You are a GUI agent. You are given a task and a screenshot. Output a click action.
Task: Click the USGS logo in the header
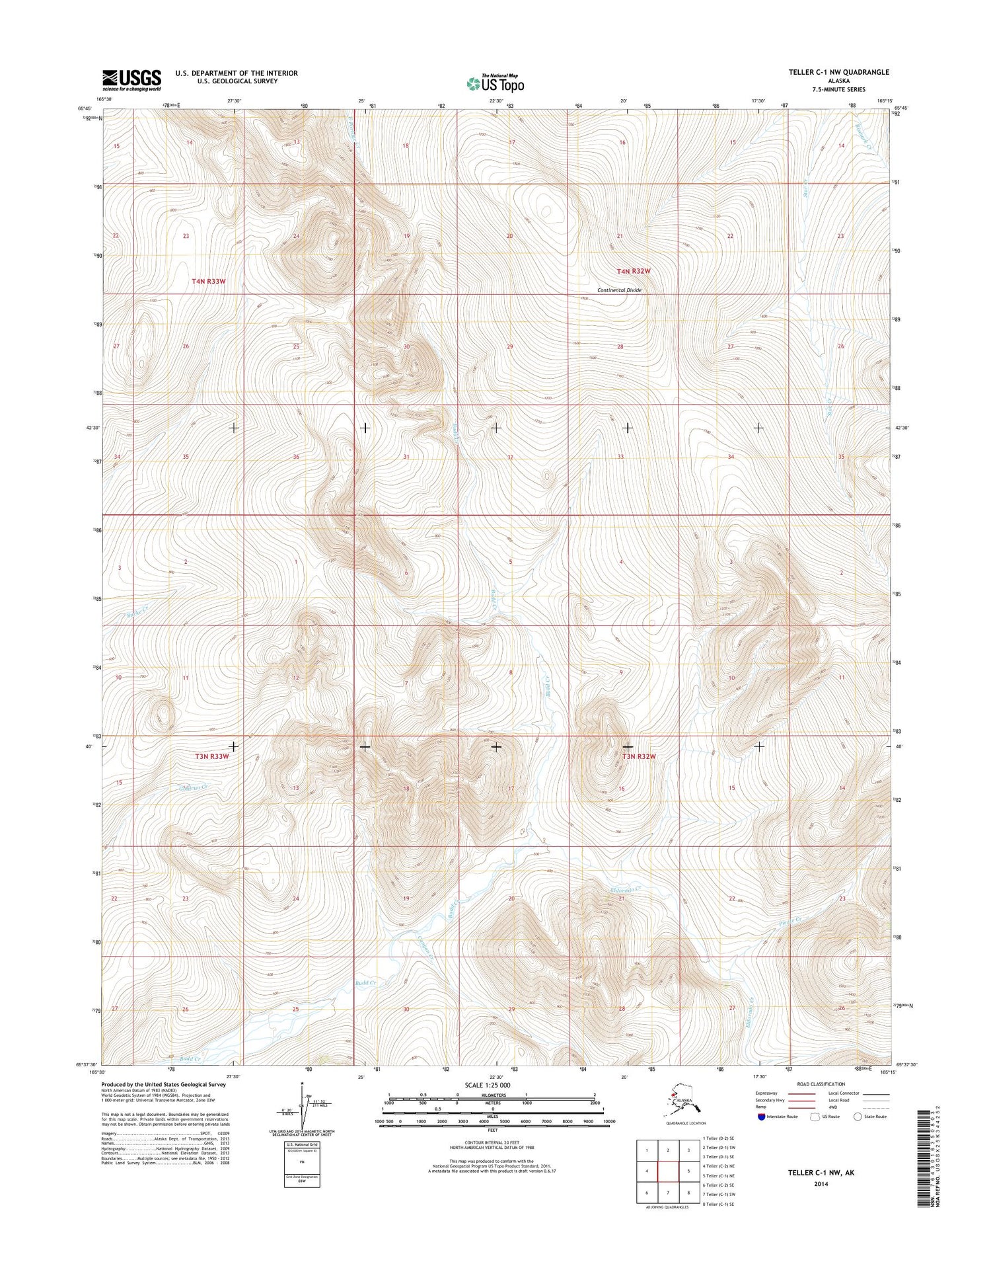tap(131, 80)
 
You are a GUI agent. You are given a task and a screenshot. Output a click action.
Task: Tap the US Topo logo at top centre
tap(495, 83)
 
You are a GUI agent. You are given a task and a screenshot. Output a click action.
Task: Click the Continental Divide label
tap(619, 290)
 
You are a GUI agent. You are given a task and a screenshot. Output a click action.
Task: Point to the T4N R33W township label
tap(209, 281)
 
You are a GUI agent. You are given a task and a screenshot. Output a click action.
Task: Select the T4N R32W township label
tap(634, 271)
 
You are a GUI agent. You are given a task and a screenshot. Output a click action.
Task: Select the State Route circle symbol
tap(858, 1117)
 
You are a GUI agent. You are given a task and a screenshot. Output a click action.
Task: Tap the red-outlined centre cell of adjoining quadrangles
tap(669, 1171)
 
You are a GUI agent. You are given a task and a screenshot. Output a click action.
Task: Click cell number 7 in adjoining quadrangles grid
tap(669, 1193)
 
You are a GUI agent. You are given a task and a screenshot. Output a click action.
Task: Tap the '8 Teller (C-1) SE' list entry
tap(726, 1204)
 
